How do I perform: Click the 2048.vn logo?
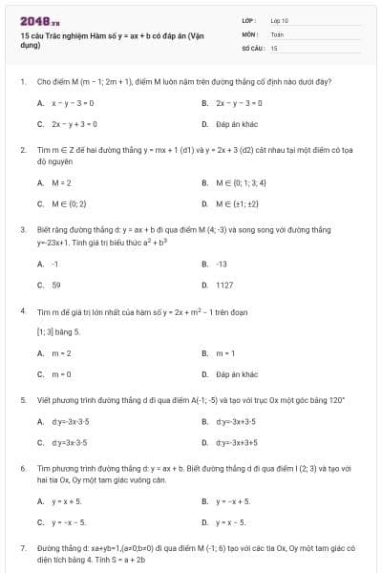pos(34,21)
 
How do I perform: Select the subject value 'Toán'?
pos(277,33)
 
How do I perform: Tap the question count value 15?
pos(274,47)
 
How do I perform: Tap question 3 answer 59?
pos(56,285)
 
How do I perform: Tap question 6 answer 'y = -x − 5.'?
pos(69,522)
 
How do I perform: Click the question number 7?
pos(22,548)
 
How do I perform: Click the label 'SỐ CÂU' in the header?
pos(252,47)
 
